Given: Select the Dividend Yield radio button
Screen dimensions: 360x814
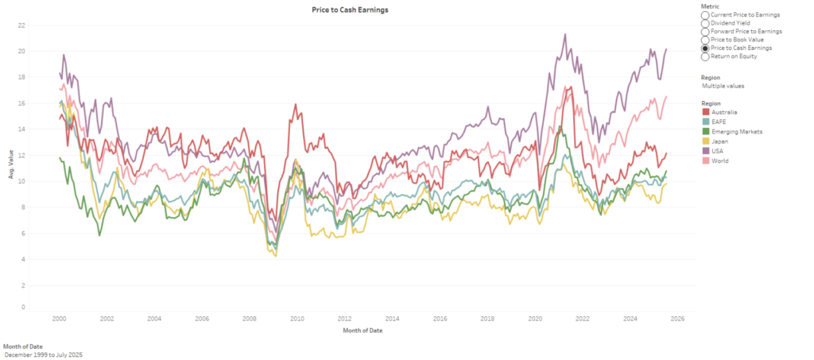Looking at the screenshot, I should pyautogui.click(x=705, y=23).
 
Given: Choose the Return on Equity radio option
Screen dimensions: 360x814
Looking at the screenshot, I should pyautogui.click(x=705, y=56).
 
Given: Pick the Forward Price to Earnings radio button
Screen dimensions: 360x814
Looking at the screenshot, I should pyautogui.click(x=705, y=32).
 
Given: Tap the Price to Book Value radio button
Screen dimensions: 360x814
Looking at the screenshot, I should pyautogui.click(x=705, y=40).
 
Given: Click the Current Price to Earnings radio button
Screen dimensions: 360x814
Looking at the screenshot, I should pyautogui.click(x=705, y=15).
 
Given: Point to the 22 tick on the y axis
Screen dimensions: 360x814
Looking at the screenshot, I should pyautogui.click(x=21, y=25).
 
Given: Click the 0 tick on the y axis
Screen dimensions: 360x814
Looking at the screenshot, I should pyautogui.click(x=23, y=307).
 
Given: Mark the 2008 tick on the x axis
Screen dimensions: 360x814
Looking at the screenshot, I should pyautogui.click(x=249, y=319).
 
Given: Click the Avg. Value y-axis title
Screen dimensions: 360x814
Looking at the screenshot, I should pyautogui.click(x=11, y=168).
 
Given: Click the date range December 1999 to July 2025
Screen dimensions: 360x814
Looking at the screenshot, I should pyautogui.click(x=43, y=354).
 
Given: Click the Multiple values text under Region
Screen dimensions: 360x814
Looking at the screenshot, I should pyautogui.click(x=723, y=86).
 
